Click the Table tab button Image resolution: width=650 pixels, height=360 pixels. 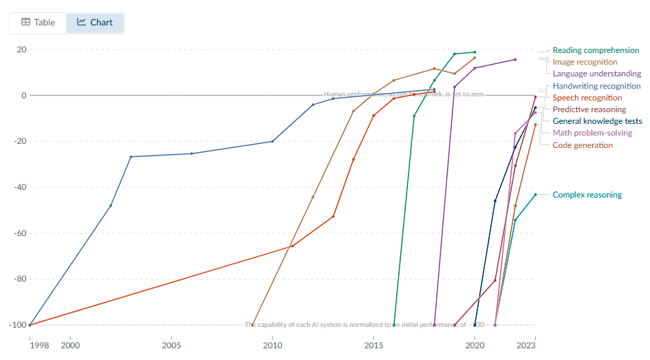coord(38,22)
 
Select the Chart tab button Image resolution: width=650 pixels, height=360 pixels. coord(95,22)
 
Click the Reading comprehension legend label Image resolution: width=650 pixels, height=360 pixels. coord(596,50)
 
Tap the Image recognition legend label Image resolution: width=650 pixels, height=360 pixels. coord(585,62)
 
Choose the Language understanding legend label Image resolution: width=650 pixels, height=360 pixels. coord(596,74)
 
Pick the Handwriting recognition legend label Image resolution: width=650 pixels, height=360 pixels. coord(596,86)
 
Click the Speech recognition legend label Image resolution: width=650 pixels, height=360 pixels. coord(587,98)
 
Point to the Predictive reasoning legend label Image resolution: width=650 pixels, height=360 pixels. coord(589,109)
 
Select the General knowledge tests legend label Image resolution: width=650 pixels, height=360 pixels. coord(597,121)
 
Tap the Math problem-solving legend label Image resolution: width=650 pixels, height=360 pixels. coord(592,133)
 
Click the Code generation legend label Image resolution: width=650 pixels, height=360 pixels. coord(582,145)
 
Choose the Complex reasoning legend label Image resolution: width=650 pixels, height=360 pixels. coord(587,195)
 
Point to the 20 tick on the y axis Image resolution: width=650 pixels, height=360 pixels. coord(21,50)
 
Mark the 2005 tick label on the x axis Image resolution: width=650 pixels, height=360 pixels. coord(171,345)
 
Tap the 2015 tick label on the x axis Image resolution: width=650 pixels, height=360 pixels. coord(373,345)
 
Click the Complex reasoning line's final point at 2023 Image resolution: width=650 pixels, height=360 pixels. coord(535,195)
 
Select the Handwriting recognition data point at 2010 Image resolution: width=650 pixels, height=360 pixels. coord(272,141)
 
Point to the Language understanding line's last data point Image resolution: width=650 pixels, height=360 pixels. coord(515,59)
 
